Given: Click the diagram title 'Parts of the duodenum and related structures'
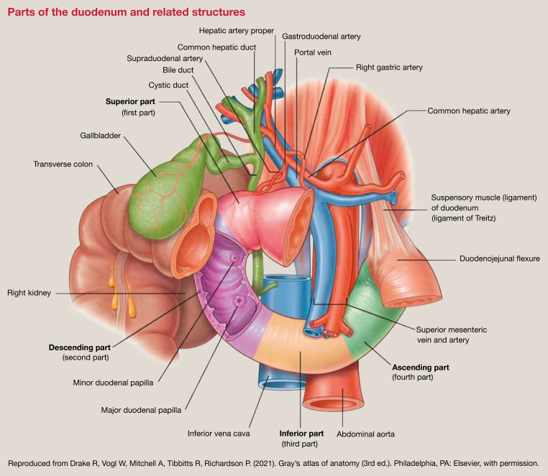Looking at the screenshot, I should point(126,12).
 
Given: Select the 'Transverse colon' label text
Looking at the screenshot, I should point(65,164).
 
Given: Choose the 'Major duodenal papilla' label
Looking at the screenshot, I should point(141,411).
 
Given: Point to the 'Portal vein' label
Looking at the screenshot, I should point(314,52).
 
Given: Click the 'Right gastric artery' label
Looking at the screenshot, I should point(389,67).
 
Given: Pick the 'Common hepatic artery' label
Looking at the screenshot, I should point(470,111).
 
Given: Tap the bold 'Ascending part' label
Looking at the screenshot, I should point(420,367).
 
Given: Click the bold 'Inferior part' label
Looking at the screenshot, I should point(301,434).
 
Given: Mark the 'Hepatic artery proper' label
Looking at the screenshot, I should point(235,30).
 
